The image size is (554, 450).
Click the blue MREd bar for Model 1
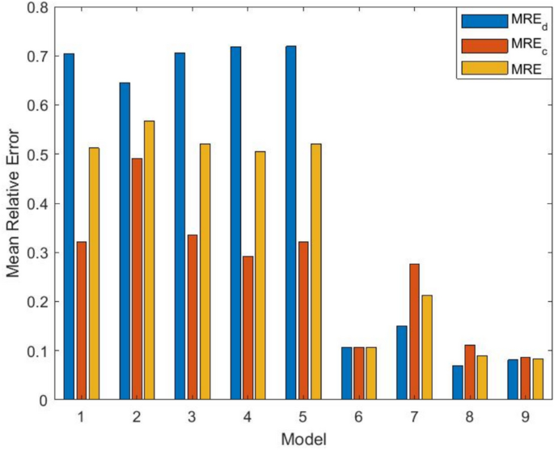coord(69,227)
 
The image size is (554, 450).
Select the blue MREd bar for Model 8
coord(457,383)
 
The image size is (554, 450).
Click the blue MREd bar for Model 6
coord(346,373)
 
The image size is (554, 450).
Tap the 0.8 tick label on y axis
coord(37,8)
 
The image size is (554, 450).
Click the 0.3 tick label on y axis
coord(37,253)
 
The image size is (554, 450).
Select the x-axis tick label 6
coord(358,415)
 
